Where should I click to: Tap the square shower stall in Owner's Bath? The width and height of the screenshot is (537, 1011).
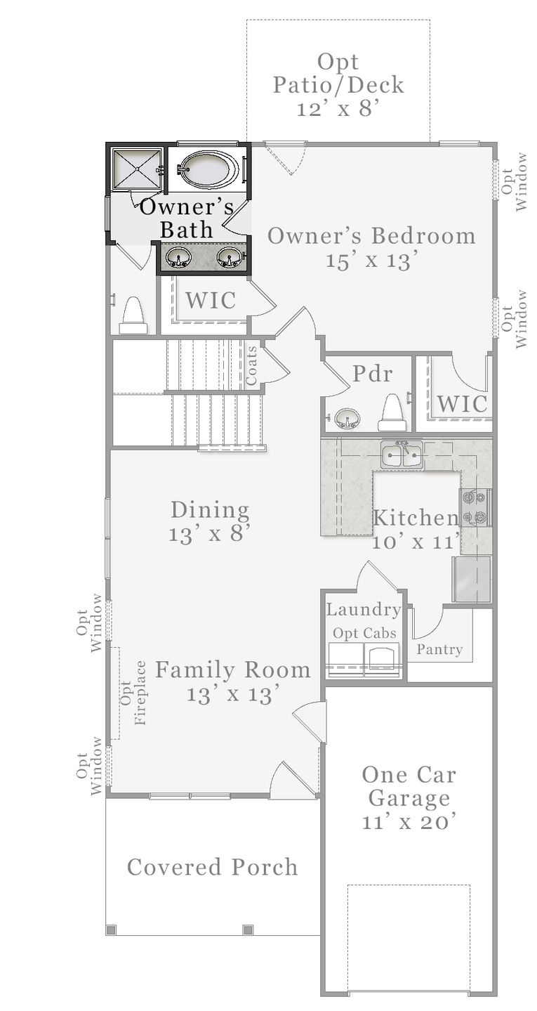tap(137, 168)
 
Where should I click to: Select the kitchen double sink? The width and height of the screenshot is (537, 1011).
tap(402, 455)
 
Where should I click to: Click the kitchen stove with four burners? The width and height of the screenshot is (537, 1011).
tap(475, 507)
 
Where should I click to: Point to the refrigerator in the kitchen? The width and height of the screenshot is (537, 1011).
tap(472, 579)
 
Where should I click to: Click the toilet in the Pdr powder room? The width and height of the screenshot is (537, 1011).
tap(392, 412)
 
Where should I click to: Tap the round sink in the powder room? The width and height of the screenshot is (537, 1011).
tap(346, 418)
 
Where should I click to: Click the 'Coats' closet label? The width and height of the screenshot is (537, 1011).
tap(251, 365)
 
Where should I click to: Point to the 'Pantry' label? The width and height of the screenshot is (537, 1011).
tap(439, 649)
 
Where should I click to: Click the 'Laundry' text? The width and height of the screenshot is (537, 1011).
tap(364, 610)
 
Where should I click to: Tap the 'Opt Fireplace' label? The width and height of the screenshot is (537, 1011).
tap(133, 692)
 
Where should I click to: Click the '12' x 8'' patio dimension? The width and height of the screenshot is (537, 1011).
tap(337, 109)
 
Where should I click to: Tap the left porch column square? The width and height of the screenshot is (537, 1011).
tap(111, 930)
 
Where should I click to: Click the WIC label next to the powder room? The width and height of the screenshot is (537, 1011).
tap(462, 403)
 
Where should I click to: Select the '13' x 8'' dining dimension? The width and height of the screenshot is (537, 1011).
tap(210, 535)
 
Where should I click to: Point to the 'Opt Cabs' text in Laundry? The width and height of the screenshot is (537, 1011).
tap(364, 633)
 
